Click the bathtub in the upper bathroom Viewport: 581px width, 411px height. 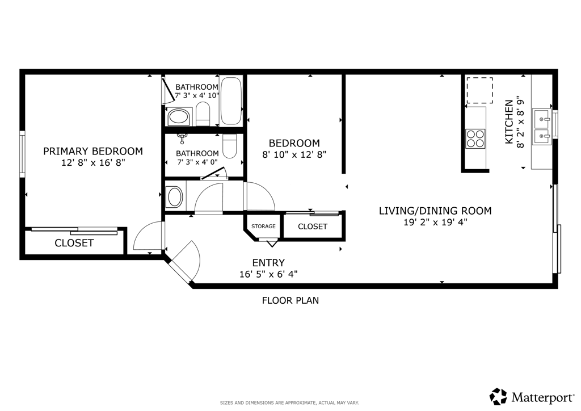[231, 101]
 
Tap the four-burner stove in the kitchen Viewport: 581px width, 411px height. [475, 139]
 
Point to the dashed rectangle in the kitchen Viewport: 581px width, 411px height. [479, 91]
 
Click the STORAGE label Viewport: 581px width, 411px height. [263, 227]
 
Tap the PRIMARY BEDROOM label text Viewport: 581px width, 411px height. [93, 151]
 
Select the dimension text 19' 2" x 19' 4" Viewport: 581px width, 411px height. [435, 223]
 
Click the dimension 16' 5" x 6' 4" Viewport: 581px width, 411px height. [268, 274]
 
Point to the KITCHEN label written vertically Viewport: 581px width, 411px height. [509, 121]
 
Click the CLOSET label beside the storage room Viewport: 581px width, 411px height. [313, 227]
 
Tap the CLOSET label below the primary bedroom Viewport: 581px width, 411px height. [74, 243]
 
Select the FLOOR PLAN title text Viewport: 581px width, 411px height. [290, 300]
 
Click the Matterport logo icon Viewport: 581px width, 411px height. [498, 396]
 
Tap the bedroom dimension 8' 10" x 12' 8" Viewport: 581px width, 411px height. [294, 154]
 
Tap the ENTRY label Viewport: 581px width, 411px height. [268, 263]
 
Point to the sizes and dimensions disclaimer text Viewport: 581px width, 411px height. [289, 403]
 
